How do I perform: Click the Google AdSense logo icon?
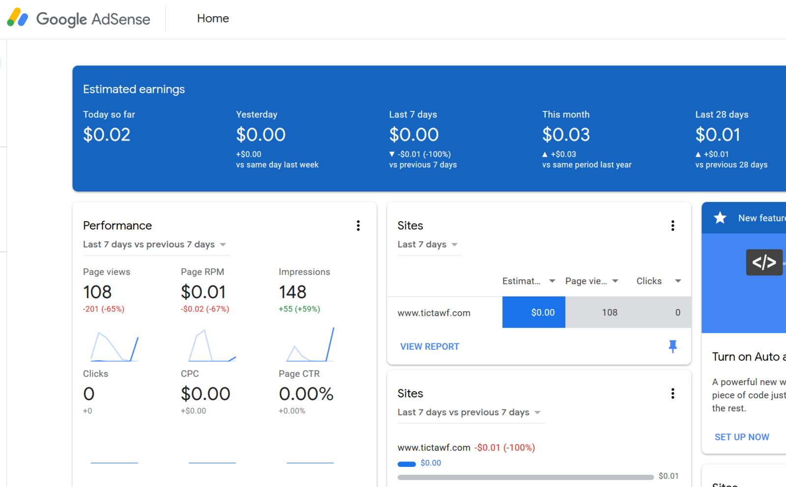[x=18, y=18]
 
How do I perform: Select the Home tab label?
[x=213, y=19]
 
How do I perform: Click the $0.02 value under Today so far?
[x=107, y=135]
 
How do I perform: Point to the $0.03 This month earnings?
[x=566, y=135]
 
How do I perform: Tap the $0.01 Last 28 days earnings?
[x=717, y=135]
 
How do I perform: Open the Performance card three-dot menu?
[x=358, y=226]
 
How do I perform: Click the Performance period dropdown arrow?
[x=223, y=245]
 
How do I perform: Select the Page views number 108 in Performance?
[x=97, y=292]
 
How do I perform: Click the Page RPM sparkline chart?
[x=212, y=345]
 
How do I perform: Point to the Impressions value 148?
[x=293, y=292]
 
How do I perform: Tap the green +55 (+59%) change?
[x=299, y=309]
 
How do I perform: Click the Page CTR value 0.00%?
[x=306, y=394]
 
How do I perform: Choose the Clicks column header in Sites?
[x=649, y=281]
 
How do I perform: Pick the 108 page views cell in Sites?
[x=610, y=313]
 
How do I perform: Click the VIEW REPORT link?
[x=429, y=347]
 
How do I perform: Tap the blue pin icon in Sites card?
[x=673, y=346]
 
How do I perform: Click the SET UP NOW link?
[x=742, y=437]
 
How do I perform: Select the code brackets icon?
[x=764, y=262]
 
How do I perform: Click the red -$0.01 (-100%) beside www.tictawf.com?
[x=505, y=448]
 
